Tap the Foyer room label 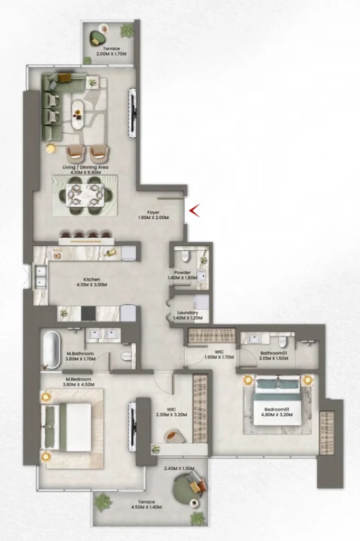154,212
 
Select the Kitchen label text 92,279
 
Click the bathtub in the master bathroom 51,349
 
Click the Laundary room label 187,313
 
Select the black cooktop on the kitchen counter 89,314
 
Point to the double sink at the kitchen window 41,276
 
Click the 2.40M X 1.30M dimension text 179,469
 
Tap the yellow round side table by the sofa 51,148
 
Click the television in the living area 133,113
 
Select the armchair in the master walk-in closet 174,436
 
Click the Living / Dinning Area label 86,167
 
